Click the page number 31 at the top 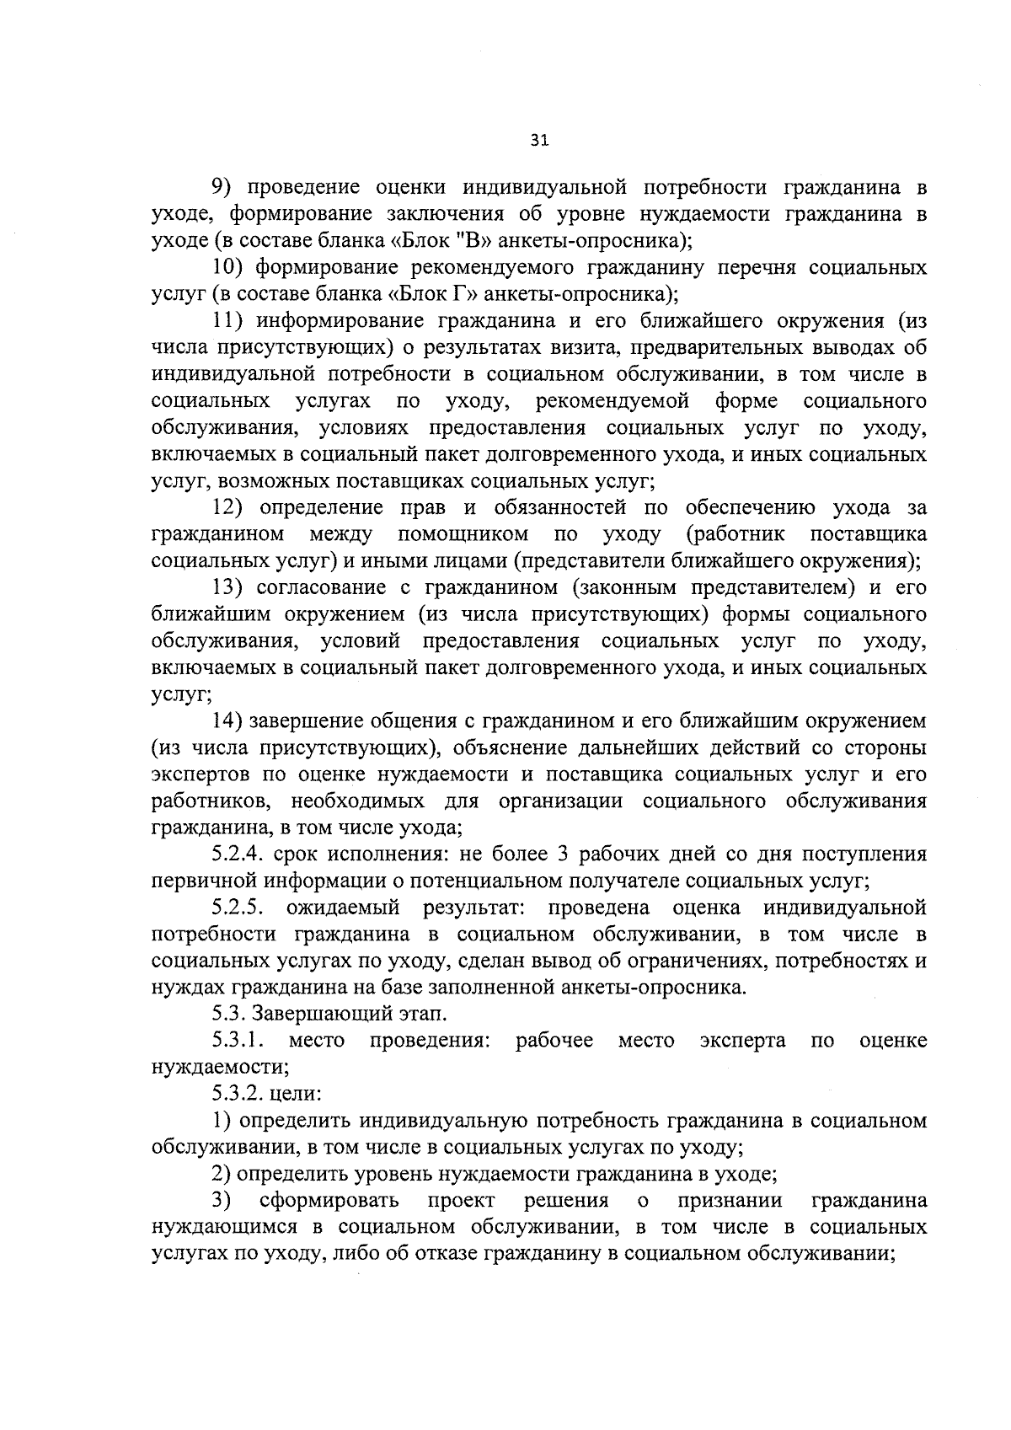tap(540, 142)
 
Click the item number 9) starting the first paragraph tap(222, 187)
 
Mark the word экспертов tap(201, 774)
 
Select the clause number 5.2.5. tap(243, 908)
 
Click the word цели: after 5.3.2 tap(291, 1094)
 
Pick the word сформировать tap(330, 1200)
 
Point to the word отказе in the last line tap(546, 1253)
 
